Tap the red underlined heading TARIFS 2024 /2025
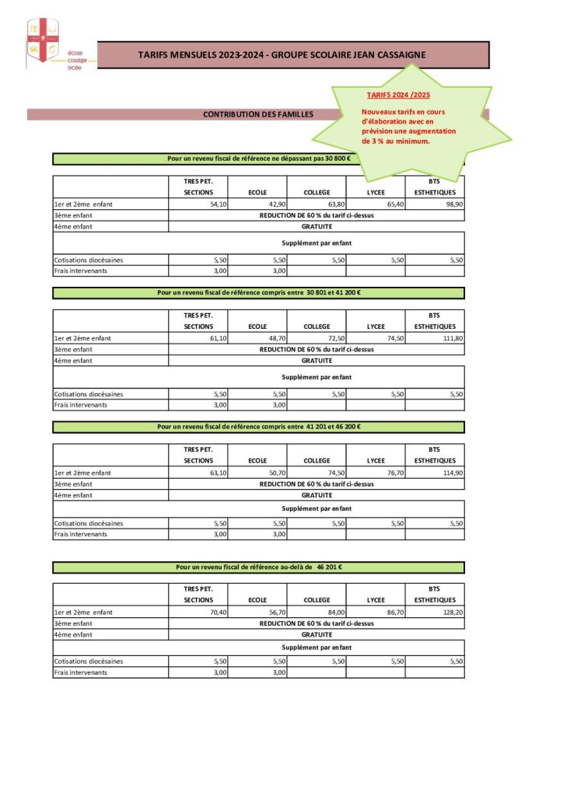coord(398,95)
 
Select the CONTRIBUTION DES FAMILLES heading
coord(258,114)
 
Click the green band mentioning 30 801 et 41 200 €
coord(258,293)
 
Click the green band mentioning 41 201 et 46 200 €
coord(258,427)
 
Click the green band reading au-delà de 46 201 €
coord(258,567)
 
